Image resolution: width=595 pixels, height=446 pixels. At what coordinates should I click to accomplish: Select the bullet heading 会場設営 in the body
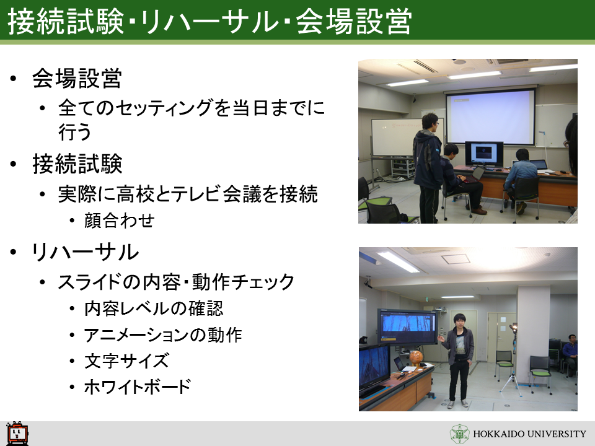77,79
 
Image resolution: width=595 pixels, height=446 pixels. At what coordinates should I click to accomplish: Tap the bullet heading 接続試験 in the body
77,164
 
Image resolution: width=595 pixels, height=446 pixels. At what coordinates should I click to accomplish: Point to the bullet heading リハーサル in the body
85,252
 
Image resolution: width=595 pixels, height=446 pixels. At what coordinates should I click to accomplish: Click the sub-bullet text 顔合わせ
119,221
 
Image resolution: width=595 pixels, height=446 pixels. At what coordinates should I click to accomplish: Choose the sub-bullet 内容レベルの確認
154,308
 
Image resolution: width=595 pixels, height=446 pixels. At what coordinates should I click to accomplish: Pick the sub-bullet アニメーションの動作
163,335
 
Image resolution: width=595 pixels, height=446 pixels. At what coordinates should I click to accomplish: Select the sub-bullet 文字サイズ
126,361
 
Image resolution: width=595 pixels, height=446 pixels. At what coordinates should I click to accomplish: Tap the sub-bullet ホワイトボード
138,387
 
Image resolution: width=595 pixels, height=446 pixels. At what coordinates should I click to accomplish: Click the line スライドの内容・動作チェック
175,282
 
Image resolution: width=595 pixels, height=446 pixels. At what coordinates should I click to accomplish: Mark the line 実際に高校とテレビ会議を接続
188,194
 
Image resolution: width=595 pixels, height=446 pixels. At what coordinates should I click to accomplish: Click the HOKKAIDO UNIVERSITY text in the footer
529,434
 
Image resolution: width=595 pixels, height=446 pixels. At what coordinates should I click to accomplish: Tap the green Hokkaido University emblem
459,434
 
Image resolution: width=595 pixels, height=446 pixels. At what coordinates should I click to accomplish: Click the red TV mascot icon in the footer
17,433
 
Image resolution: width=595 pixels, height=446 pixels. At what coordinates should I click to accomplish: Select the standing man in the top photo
428,168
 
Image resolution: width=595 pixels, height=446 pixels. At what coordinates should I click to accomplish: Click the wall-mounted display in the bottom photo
408,327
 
